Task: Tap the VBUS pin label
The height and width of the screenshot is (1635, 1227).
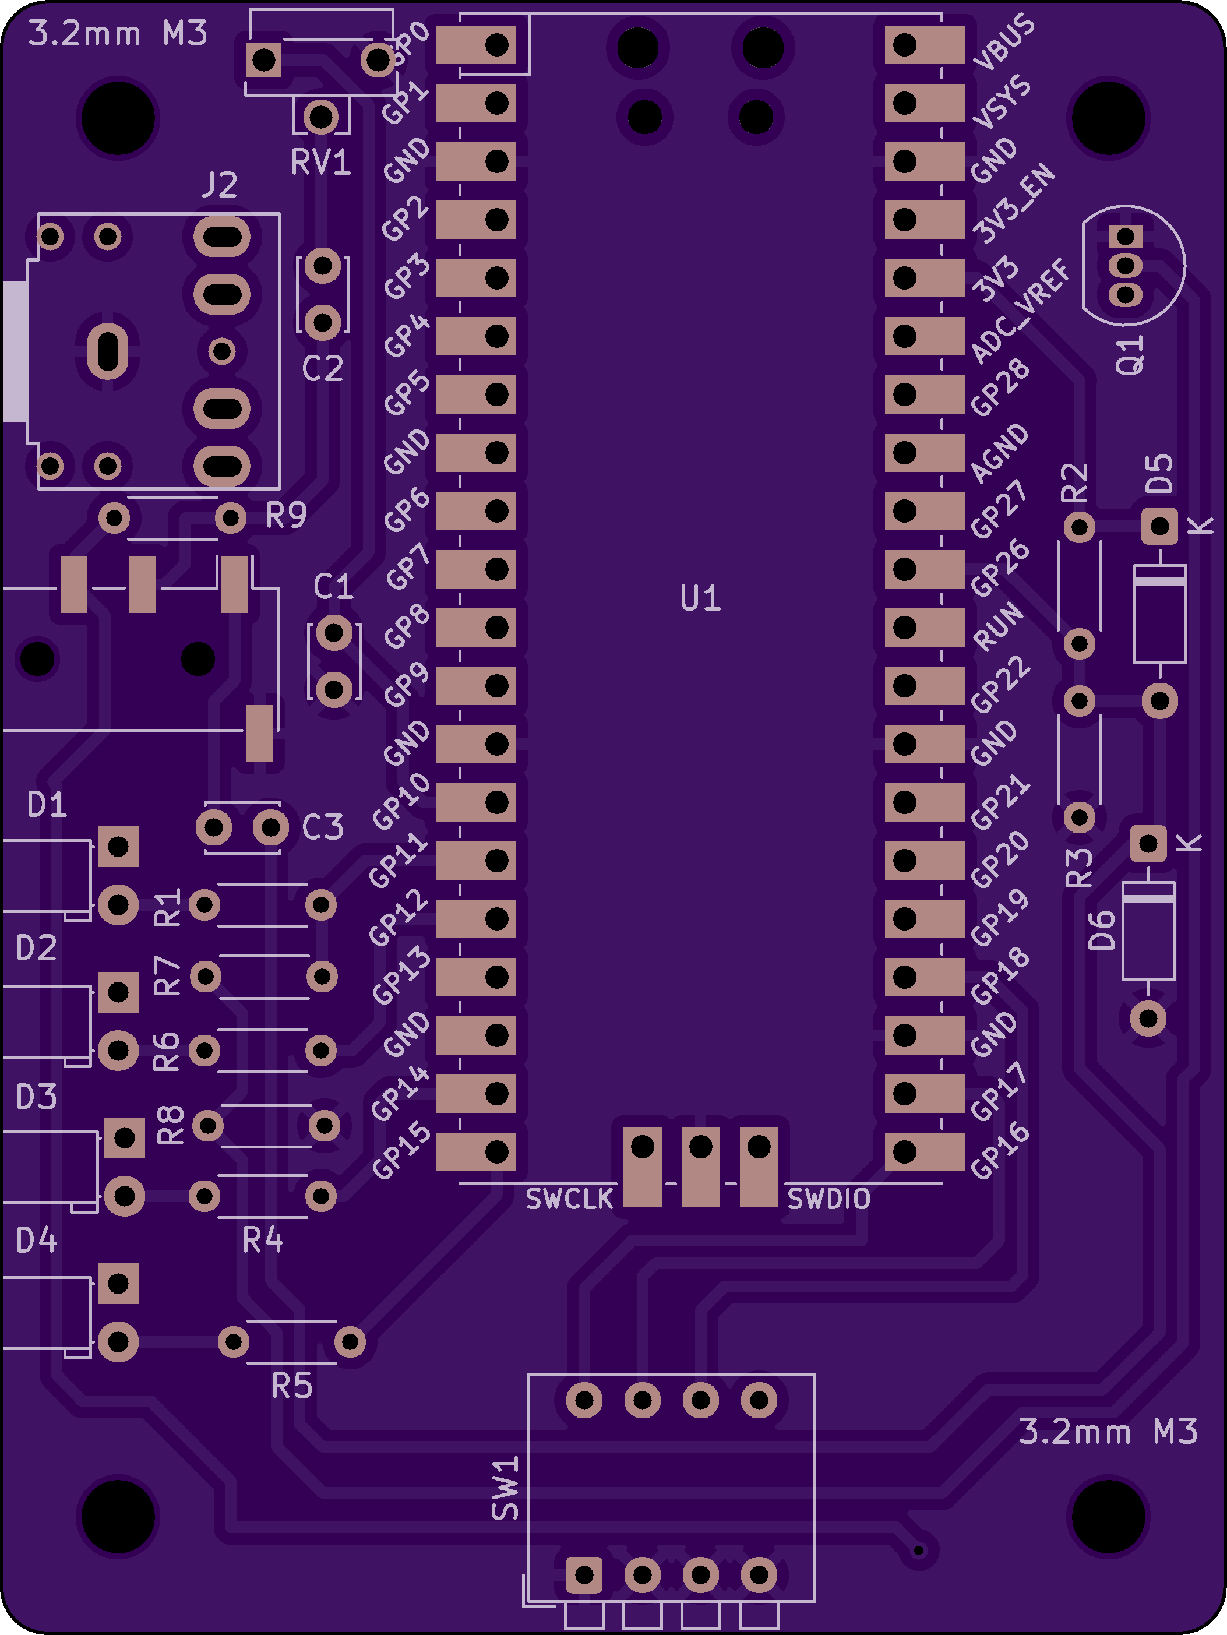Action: [x=1004, y=42]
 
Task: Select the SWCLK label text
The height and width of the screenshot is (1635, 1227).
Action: [x=569, y=1199]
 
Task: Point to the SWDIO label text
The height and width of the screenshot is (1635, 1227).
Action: [x=828, y=1199]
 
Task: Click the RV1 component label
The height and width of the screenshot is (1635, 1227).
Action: [x=321, y=162]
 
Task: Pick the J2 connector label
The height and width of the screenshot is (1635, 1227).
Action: [x=220, y=185]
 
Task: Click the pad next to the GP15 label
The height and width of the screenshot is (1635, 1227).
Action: [x=475, y=1151]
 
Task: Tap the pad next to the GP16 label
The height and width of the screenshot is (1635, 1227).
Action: [x=925, y=1151]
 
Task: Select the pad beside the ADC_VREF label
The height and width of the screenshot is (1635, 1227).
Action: [x=925, y=336]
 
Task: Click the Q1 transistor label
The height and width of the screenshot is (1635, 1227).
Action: [x=1130, y=355]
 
